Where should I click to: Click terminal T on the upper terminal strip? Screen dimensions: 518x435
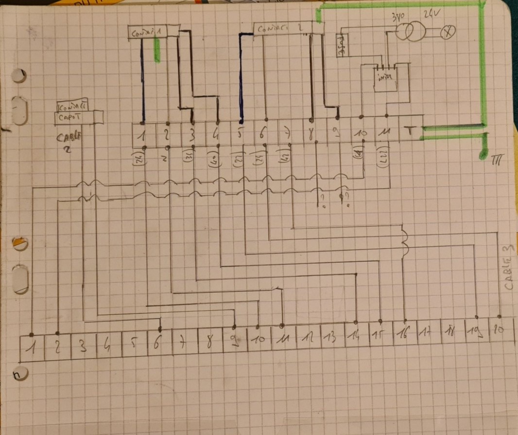coord(411,131)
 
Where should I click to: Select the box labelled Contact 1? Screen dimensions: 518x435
coord(146,32)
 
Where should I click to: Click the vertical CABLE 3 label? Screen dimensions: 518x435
coord(508,268)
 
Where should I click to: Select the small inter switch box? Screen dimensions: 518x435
coord(385,77)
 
